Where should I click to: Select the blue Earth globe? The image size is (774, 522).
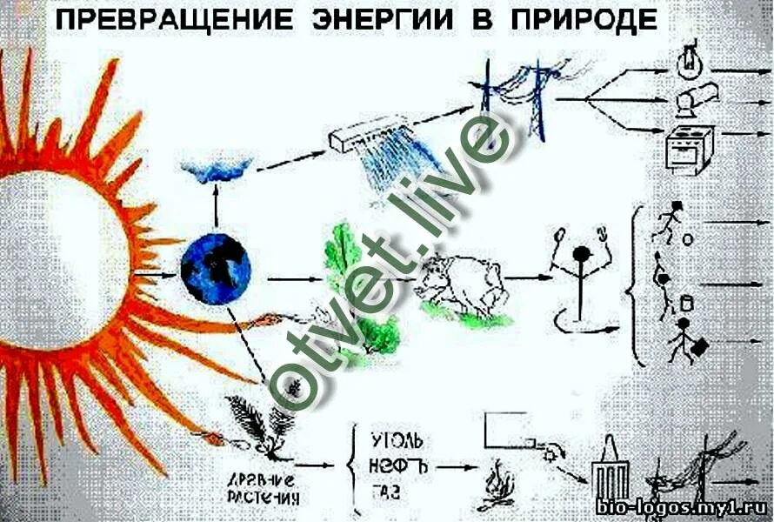(215, 267)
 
